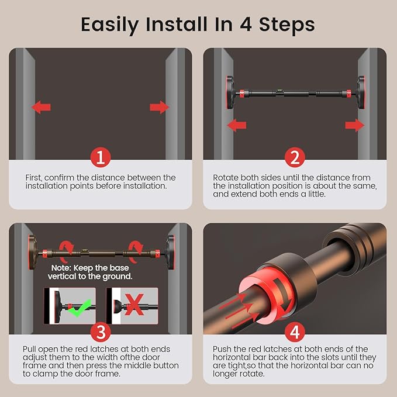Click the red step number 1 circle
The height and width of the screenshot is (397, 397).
[x=101, y=157]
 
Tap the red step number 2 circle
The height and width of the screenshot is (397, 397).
[x=295, y=157]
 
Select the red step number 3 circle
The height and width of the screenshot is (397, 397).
[x=101, y=332]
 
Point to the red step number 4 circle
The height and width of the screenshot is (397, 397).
[x=295, y=332]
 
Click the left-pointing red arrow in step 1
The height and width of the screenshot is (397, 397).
[x=42, y=107]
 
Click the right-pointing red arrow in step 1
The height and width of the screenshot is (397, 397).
[x=159, y=107]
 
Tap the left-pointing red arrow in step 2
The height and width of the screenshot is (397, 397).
[x=237, y=125]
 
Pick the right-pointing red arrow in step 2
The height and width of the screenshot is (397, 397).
[x=355, y=125]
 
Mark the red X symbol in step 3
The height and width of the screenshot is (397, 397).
[x=134, y=305]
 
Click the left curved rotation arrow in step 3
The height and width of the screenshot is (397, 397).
[x=66, y=251]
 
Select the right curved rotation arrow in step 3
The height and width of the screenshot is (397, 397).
[x=136, y=251]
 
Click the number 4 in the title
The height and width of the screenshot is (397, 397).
[x=246, y=25]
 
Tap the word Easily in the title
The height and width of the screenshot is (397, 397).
[x=110, y=25]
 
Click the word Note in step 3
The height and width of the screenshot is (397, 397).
[x=61, y=268]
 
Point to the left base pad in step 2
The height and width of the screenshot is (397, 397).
[x=230, y=92]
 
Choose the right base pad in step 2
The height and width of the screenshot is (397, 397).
[x=361, y=92]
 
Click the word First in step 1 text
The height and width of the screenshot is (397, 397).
[x=34, y=178]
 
